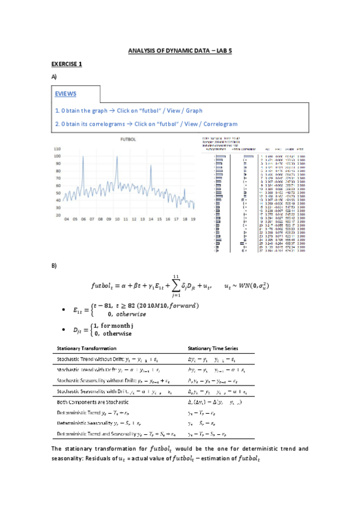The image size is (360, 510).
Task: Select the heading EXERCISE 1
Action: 66,64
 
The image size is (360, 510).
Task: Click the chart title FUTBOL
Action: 129,139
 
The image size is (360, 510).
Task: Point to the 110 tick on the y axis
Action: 58,148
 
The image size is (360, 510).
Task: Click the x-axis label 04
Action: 66,220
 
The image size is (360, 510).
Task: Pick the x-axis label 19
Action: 194,220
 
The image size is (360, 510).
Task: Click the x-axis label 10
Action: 117,220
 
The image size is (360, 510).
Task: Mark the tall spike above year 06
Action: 83,158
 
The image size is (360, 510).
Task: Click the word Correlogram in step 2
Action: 215,124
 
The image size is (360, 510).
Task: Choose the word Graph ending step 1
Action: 194,111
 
